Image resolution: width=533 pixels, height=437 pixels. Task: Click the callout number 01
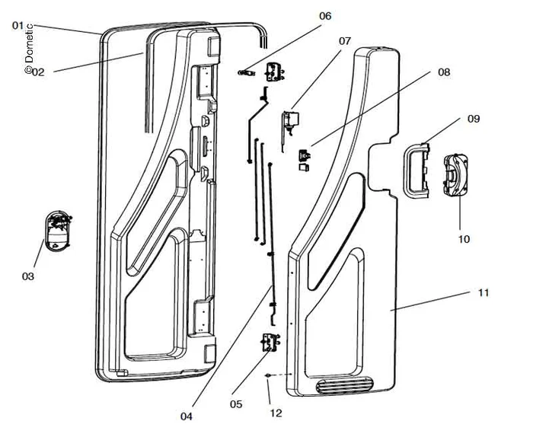[18, 25]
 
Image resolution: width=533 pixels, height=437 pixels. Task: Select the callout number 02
[38, 72]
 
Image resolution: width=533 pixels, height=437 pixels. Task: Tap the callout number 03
[28, 276]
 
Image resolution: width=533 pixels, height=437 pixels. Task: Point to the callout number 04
[187, 416]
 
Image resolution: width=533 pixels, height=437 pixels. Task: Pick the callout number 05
[236, 404]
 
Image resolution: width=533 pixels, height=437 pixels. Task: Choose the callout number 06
[325, 16]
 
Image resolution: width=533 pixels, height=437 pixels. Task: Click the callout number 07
[345, 40]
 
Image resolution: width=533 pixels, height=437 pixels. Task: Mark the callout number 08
[444, 72]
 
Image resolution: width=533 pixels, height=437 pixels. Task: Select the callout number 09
[473, 119]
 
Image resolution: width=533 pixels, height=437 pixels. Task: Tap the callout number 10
[464, 239]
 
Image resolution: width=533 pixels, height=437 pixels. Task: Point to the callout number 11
[483, 292]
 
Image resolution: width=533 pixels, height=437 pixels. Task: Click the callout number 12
[276, 413]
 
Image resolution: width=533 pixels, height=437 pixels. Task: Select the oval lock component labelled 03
[56, 231]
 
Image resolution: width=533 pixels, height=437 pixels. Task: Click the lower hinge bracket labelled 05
[268, 343]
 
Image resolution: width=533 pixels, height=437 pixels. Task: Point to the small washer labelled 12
[268, 376]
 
